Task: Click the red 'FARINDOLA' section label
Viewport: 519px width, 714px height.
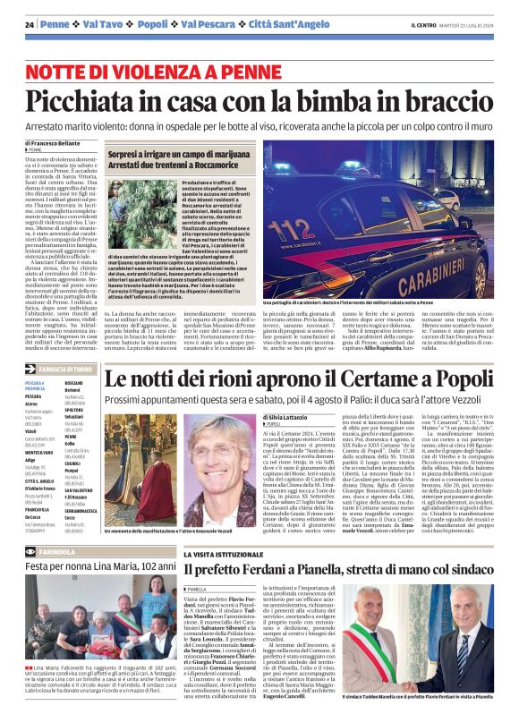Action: [60, 552]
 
